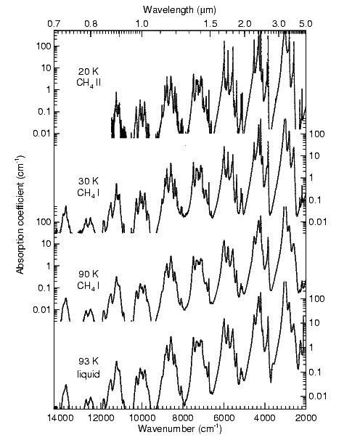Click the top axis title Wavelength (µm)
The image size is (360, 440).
tap(181, 9)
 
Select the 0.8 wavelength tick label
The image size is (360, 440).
tap(91, 23)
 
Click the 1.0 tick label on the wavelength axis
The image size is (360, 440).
tap(142, 23)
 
